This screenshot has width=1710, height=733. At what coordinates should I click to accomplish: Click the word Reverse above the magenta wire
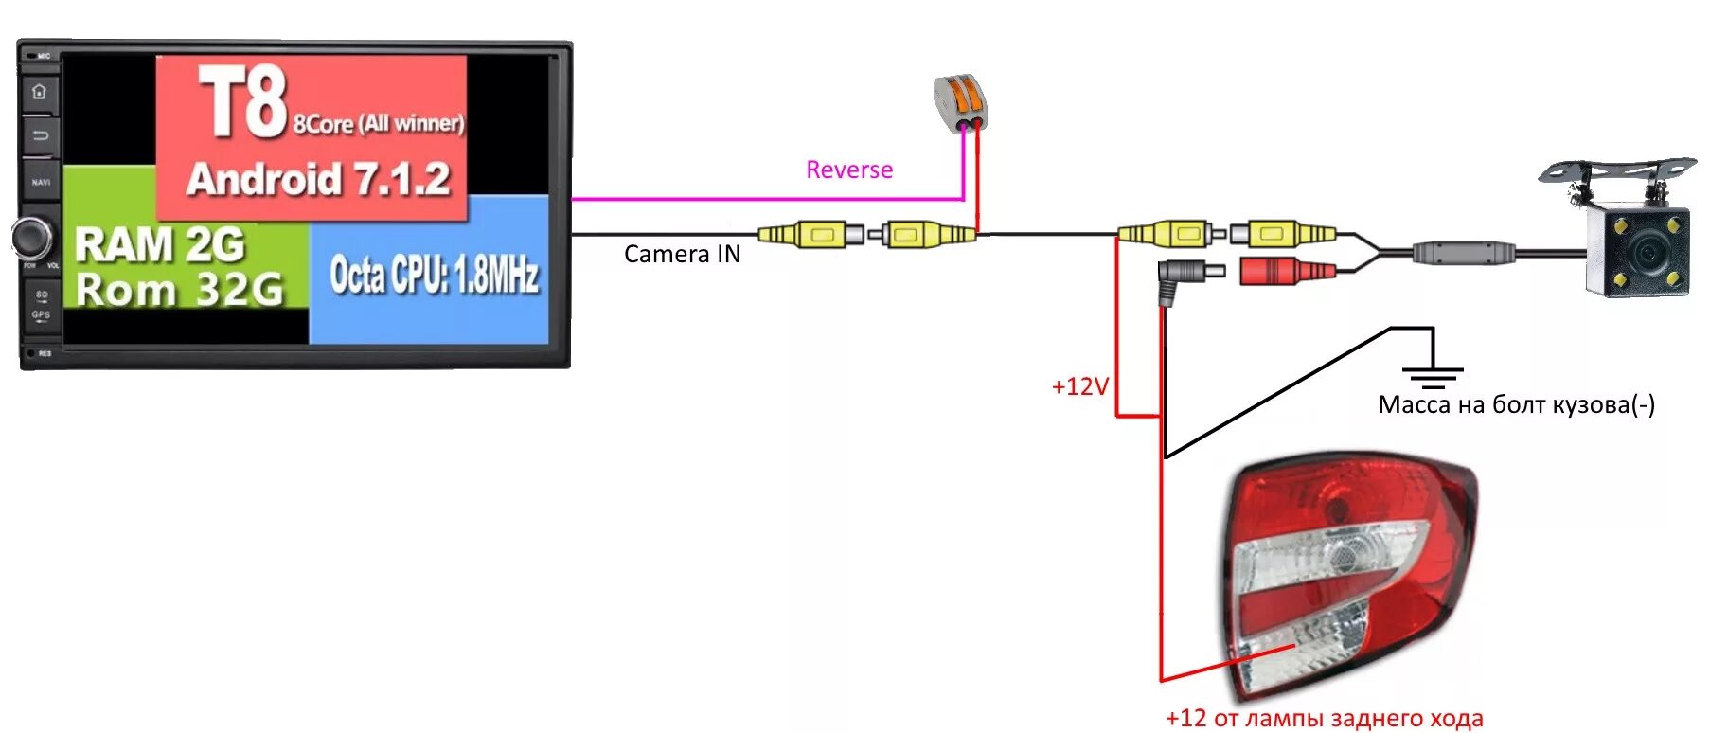849,170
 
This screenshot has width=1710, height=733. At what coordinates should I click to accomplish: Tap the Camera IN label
682,254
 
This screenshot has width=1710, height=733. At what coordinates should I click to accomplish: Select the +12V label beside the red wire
1079,386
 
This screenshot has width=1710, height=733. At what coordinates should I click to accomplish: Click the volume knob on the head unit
32,238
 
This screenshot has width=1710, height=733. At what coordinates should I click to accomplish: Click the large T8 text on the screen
242,102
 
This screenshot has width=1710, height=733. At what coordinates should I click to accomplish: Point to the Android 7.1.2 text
318,179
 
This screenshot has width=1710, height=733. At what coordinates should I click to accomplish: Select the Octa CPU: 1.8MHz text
434,275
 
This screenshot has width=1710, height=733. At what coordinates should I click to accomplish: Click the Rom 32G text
179,289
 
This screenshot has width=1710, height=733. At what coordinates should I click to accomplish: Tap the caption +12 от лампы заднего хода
1324,718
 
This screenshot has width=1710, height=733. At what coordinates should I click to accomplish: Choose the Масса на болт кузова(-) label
1516,405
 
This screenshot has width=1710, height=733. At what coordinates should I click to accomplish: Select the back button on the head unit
40,135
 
